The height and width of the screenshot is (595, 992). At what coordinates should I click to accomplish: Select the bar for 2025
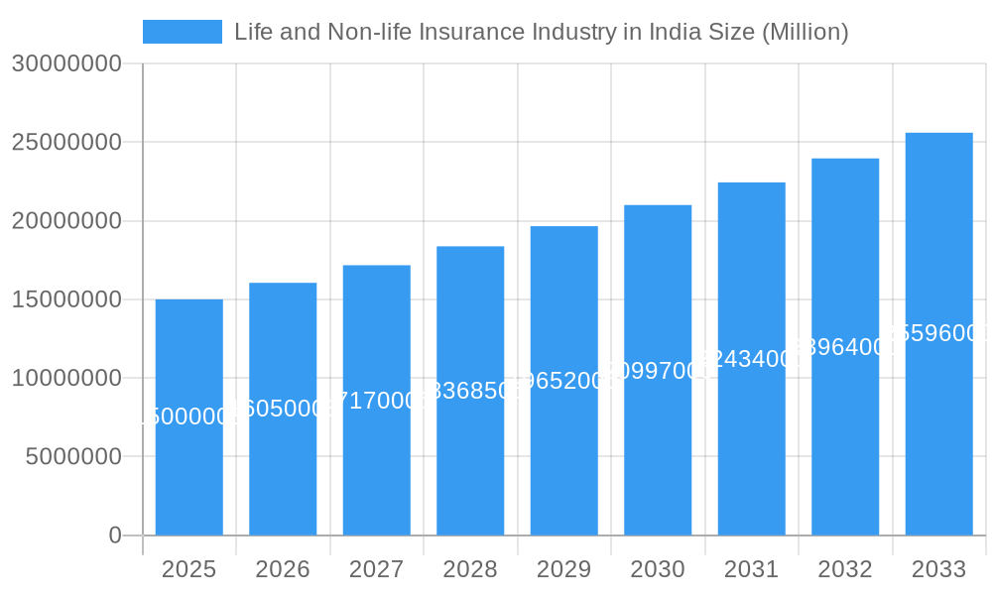pos(188,416)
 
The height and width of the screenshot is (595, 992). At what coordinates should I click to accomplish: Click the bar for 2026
pos(283,409)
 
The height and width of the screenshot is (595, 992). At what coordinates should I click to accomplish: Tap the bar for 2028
pos(470,391)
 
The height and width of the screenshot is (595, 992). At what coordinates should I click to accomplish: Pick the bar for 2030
pos(658,370)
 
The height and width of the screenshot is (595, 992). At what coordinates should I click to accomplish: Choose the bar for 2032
pos(845,347)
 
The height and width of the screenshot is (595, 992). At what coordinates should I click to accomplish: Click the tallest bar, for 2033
pos(938,334)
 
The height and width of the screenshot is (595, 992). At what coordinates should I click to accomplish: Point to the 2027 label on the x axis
pos(376,569)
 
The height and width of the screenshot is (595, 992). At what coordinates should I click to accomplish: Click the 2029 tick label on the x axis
pos(563,569)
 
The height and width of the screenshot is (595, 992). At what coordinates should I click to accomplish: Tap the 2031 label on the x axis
pos(751,569)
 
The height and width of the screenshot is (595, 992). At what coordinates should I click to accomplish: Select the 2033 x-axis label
pos(938,569)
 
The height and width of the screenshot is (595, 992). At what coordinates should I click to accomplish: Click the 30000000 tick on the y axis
pos(66,63)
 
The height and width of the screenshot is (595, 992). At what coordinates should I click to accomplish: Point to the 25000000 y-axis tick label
pos(66,142)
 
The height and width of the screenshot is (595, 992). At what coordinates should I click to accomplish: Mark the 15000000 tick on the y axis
pos(66,299)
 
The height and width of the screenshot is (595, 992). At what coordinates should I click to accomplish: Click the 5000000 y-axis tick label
pos(72,457)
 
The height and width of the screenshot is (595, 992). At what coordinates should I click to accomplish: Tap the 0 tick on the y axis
pos(115,535)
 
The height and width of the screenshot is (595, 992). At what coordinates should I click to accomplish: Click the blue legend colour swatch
pos(183,32)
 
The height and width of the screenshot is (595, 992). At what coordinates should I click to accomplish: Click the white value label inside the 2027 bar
pos(376,401)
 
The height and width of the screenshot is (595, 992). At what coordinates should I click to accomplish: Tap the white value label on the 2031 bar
pos(751,359)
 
